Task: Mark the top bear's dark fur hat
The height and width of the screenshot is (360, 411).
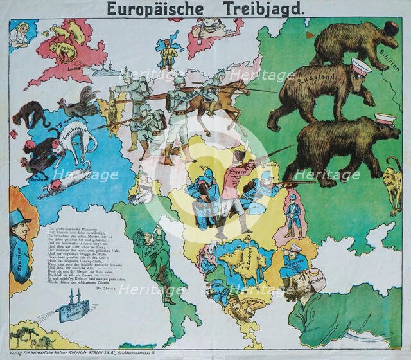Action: coord(390,28)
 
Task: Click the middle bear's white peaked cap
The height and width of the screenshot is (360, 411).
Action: coord(361,66)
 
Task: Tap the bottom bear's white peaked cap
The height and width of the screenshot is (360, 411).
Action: coord(385,120)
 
